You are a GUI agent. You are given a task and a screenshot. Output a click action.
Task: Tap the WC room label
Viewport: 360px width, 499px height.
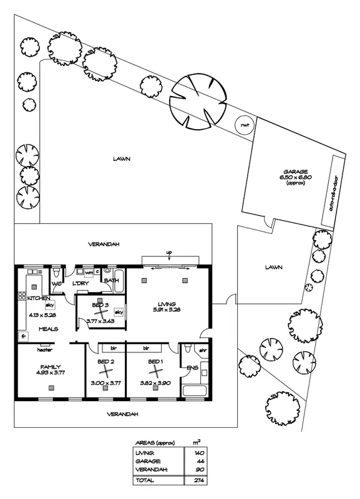pos(56,284)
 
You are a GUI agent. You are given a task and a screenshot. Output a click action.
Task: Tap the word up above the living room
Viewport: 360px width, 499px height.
pos(170,252)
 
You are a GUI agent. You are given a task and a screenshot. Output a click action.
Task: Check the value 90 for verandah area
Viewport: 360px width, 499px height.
pos(200,468)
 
